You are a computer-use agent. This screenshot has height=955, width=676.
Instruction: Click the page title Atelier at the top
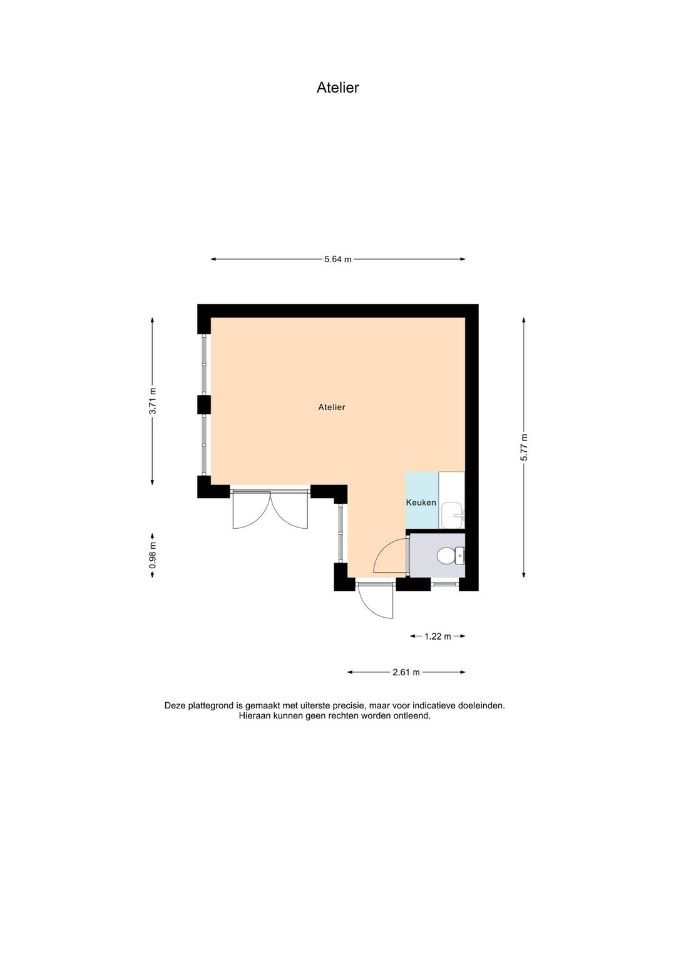(337, 88)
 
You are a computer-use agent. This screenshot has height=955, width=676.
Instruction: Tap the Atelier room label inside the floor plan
(331, 407)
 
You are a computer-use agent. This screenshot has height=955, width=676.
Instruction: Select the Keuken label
(421, 503)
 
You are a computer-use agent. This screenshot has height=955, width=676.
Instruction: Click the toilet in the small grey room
(448, 555)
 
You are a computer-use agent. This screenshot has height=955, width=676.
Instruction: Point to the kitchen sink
(451, 515)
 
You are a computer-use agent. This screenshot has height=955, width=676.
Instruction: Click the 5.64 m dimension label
(337, 259)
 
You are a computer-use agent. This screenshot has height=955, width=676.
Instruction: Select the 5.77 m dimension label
(524, 447)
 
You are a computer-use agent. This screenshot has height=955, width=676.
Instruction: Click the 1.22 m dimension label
(438, 636)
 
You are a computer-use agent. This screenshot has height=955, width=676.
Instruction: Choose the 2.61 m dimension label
(406, 672)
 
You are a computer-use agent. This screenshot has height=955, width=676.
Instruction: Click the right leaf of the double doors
(291, 512)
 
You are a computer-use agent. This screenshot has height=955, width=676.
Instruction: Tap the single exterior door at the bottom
(377, 602)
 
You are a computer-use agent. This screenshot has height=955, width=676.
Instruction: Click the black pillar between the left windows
(204, 404)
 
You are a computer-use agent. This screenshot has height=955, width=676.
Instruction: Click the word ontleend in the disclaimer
(412, 716)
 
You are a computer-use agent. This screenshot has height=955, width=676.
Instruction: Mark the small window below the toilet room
(444, 585)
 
